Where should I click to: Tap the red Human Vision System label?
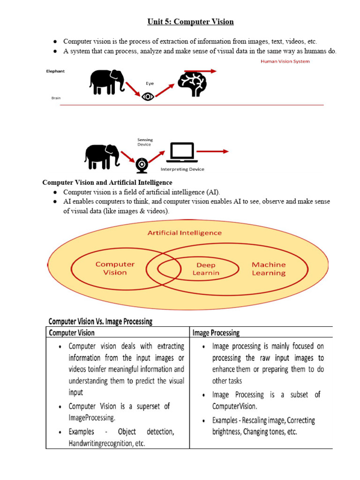click(285, 61)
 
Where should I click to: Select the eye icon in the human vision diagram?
click(148, 97)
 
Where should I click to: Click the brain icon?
click(192, 83)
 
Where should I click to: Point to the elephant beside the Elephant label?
click(107, 82)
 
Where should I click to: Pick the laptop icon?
click(181, 153)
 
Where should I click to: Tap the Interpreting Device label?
click(182, 169)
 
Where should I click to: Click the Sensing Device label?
click(145, 142)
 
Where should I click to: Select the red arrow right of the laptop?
click(213, 151)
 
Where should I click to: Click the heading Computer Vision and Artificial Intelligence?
click(107, 182)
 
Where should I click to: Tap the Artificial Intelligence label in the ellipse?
click(185, 232)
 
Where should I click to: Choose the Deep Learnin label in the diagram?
click(206, 269)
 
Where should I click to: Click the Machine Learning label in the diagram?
click(269, 269)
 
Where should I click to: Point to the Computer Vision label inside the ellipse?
click(115, 268)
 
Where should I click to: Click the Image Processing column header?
click(216, 333)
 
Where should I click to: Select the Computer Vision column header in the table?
click(72, 333)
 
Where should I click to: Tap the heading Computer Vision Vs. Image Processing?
click(100, 322)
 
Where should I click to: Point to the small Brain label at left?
click(56, 98)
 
